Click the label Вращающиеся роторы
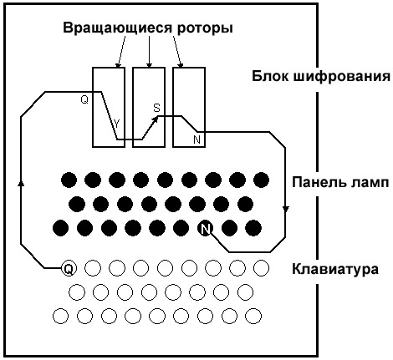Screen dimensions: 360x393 tap(148, 28)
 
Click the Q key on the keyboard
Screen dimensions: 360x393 tap(69, 268)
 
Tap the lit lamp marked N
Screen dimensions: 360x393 tap(205, 228)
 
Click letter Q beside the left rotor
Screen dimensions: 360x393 tap(84, 99)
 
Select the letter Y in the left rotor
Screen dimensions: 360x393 tap(116, 124)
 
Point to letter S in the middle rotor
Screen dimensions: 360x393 tap(156, 108)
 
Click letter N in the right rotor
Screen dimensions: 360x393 tap(196, 139)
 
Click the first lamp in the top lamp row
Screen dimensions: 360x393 tap(69, 179)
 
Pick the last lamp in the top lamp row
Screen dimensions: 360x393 tap(262, 179)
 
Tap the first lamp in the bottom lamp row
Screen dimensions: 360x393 tap(60, 228)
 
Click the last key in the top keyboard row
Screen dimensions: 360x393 tap(262, 268)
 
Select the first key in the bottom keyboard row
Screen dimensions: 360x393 tap(60, 317)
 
